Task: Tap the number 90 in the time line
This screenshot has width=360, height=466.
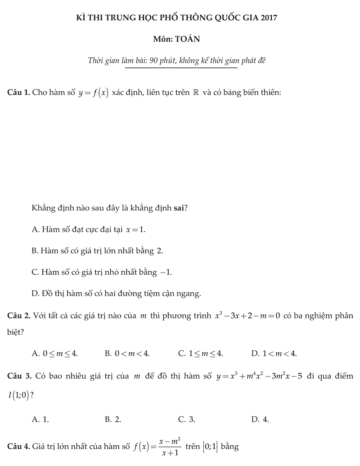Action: click(154, 61)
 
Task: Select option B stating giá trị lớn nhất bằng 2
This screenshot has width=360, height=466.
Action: click(97, 251)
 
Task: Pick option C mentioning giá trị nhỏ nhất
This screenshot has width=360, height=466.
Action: click(102, 272)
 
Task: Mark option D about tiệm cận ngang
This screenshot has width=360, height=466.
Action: click(116, 294)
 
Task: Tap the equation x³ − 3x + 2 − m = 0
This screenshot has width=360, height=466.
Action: click(247, 316)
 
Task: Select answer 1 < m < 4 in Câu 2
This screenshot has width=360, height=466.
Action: click(274, 354)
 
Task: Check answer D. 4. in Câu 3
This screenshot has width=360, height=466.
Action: click(261, 420)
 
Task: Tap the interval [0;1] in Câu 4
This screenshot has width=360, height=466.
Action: click(211, 447)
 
